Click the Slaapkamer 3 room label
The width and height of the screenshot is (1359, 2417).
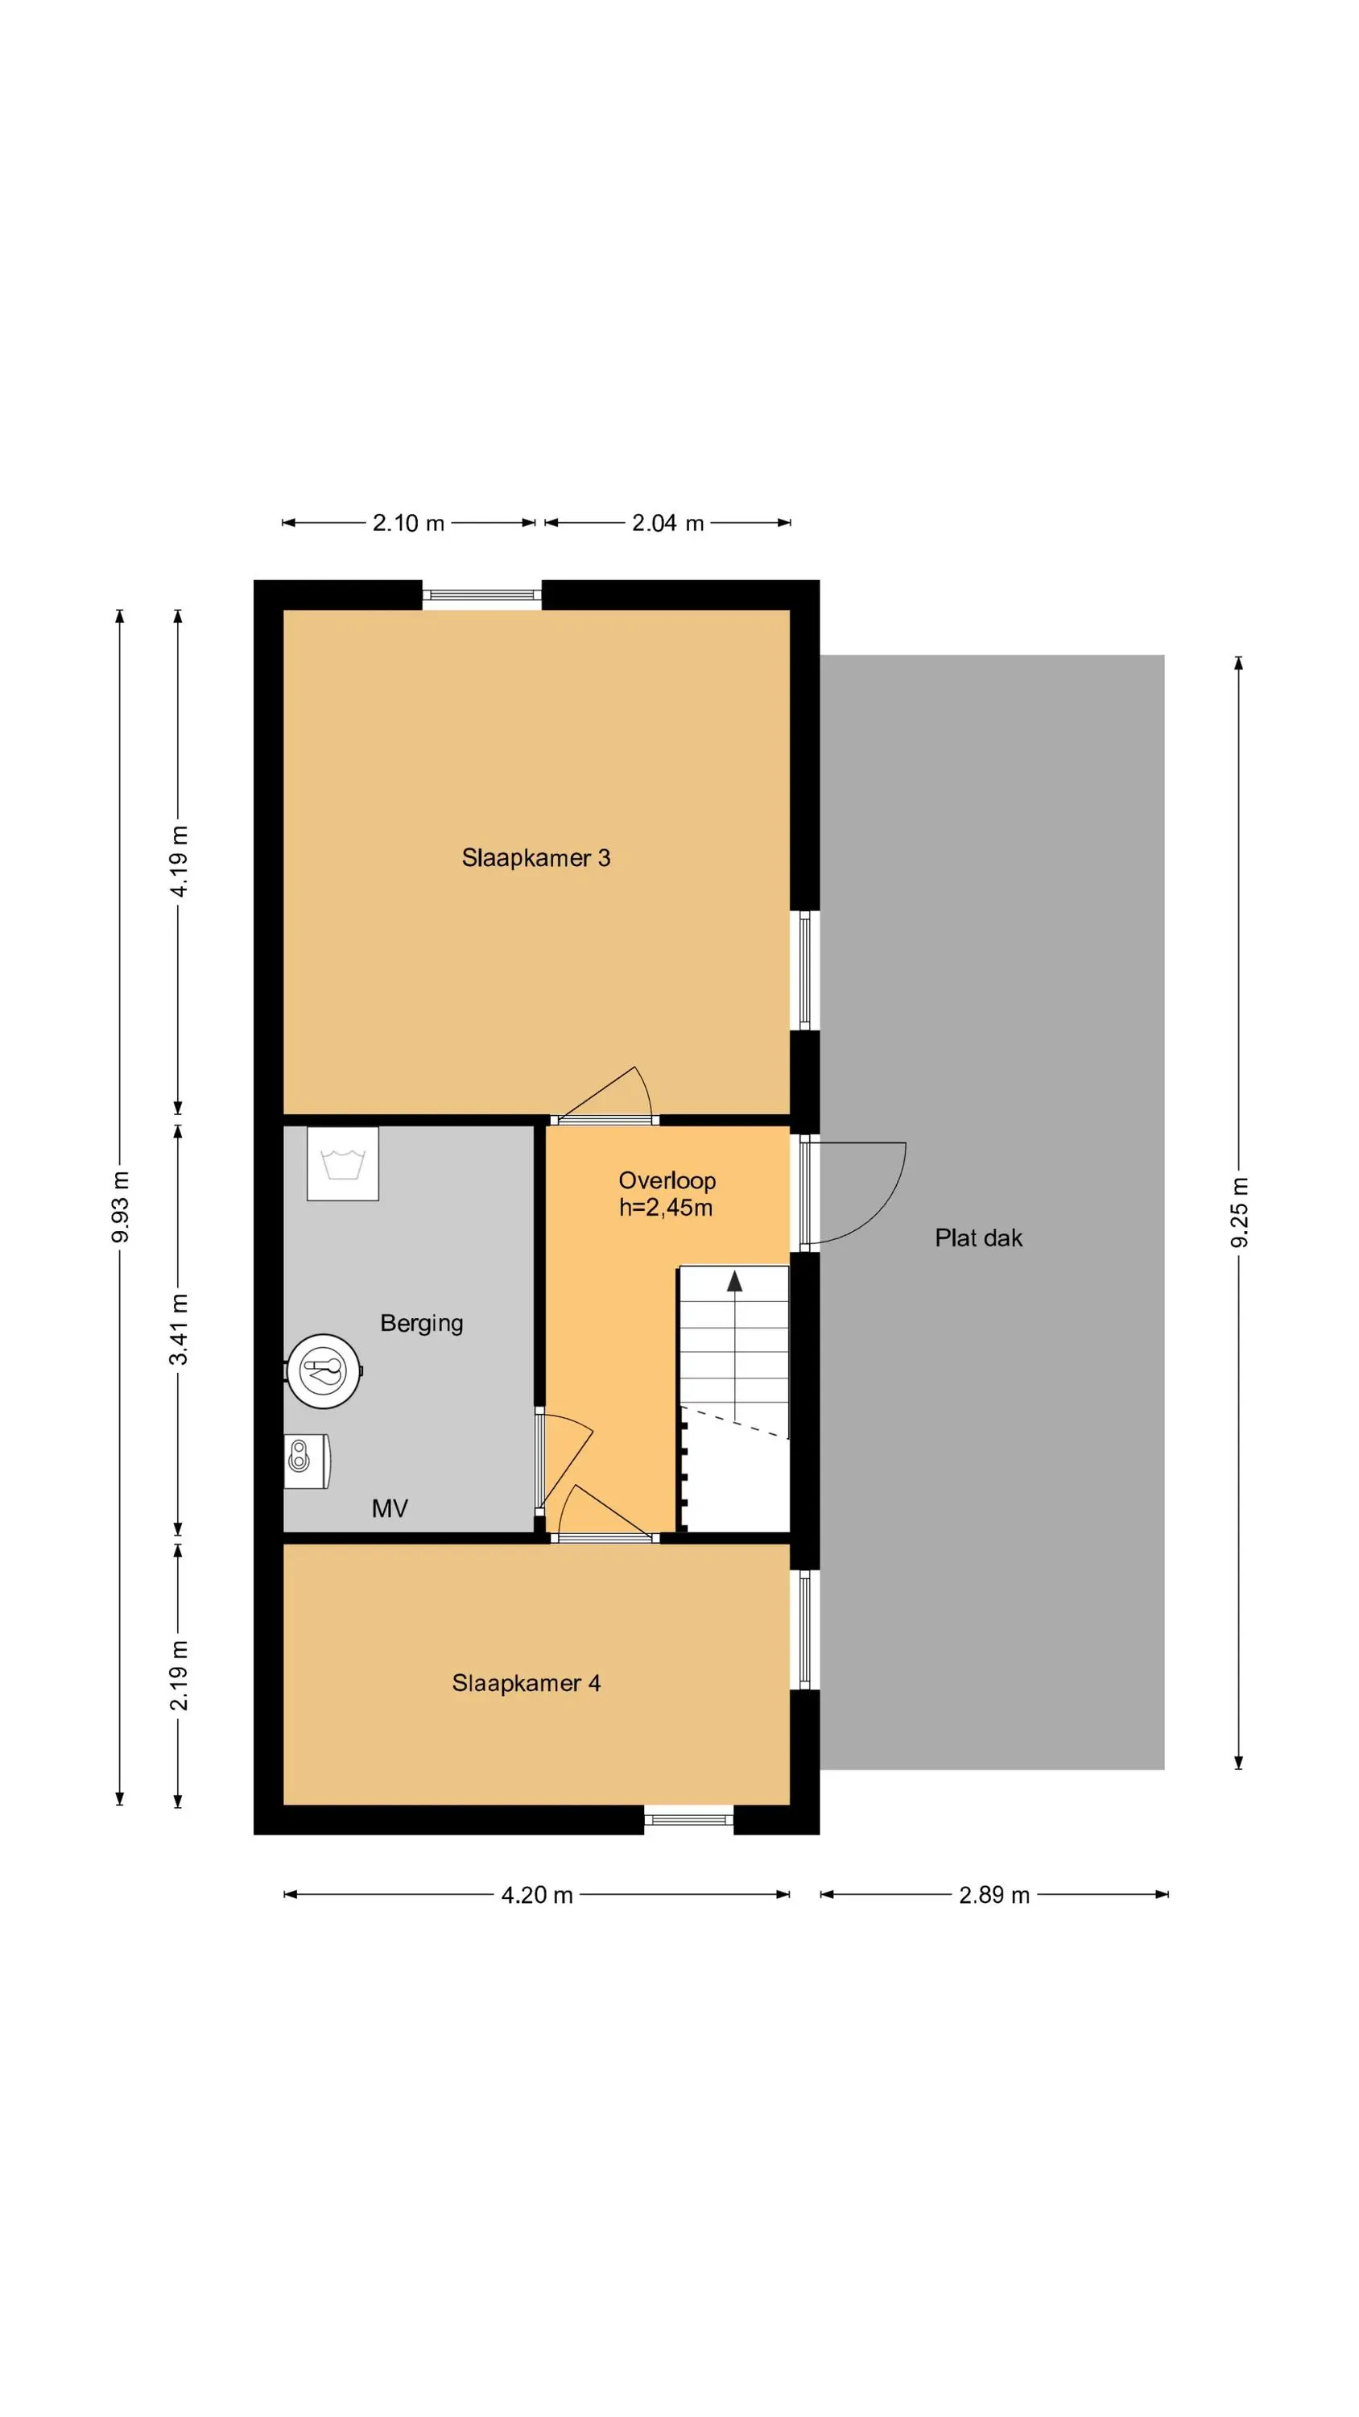point(535,857)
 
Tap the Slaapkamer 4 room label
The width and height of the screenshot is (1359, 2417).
point(527,1683)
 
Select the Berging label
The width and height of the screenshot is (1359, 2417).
point(421,1324)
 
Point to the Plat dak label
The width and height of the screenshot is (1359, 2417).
point(978,1238)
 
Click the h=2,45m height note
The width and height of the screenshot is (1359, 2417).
point(666,1208)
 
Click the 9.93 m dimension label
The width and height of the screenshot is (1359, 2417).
point(120,1208)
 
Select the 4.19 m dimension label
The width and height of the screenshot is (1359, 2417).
point(178,861)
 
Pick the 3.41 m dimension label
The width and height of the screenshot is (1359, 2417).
point(178,1329)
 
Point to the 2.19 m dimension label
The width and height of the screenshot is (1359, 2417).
point(178,1676)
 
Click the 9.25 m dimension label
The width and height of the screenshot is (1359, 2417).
point(1239,1213)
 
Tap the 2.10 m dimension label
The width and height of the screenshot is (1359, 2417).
point(408,523)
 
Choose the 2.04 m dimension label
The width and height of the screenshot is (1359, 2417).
point(667,523)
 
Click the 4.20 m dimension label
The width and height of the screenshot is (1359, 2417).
point(536,1894)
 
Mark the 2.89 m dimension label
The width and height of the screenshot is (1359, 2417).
point(994,1894)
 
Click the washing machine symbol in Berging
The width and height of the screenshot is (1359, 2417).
point(343,1164)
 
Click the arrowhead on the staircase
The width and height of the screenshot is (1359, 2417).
point(734,1281)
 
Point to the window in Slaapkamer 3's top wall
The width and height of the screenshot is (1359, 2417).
point(481,595)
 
